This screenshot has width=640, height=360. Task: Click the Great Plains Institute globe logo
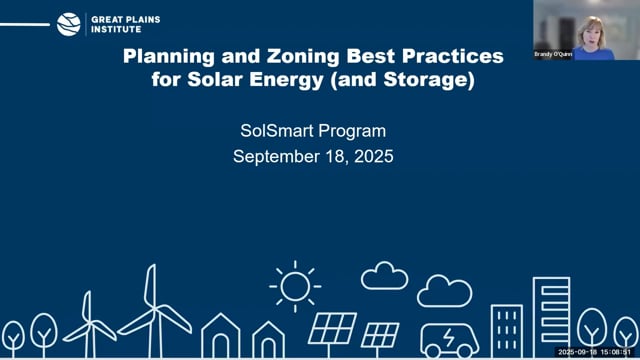[69, 24]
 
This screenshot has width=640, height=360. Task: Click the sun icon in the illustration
[295, 286]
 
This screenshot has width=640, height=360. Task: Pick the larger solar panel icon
[332, 329]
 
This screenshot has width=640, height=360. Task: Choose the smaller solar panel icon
[380, 334]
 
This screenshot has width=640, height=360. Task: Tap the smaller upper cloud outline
[384, 276]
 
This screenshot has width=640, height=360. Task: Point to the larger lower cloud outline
[444, 291]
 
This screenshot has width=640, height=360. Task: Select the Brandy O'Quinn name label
[553, 55]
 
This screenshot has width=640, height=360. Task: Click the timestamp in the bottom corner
[597, 352]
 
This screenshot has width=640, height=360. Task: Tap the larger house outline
[220, 337]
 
